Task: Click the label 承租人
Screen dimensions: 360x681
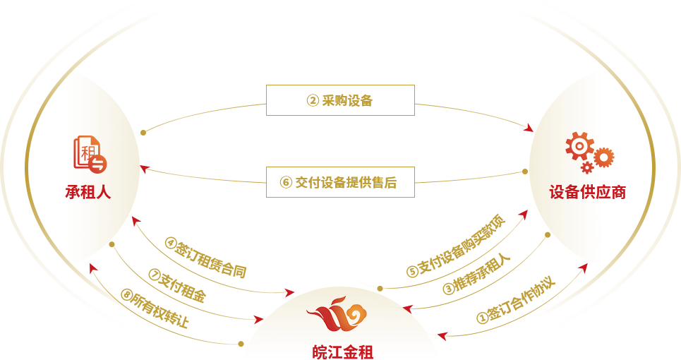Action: (88, 192)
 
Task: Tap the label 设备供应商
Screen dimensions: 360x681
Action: (587, 192)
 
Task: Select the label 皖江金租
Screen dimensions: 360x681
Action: (343, 352)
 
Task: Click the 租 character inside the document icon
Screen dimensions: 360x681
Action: (87, 151)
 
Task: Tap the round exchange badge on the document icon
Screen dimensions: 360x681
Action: (98, 164)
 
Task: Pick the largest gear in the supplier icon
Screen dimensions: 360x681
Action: (579, 145)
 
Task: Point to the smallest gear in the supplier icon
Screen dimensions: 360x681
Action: (587, 168)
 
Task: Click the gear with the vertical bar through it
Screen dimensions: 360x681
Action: (603, 157)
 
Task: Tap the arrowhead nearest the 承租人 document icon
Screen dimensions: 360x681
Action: (145, 168)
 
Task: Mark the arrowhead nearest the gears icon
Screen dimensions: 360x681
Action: (529, 128)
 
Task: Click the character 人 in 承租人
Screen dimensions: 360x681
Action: (103, 192)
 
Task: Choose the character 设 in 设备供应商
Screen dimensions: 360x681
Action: (557, 192)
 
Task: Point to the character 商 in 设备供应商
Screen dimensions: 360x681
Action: (618, 192)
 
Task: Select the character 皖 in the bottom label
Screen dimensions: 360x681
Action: (320, 352)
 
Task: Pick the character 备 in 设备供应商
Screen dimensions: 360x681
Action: (572, 192)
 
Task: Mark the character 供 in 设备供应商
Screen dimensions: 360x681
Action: (588, 192)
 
